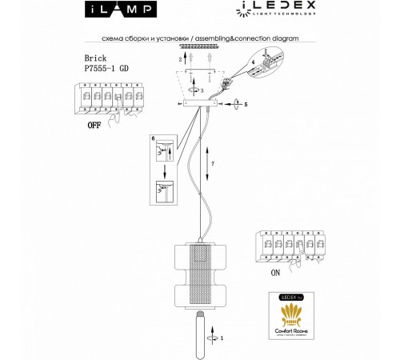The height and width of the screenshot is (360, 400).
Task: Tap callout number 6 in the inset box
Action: pos(153,139)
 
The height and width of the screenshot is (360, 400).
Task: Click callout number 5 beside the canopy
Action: pos(246,104)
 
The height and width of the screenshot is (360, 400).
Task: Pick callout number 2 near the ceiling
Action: pos(180,61)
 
